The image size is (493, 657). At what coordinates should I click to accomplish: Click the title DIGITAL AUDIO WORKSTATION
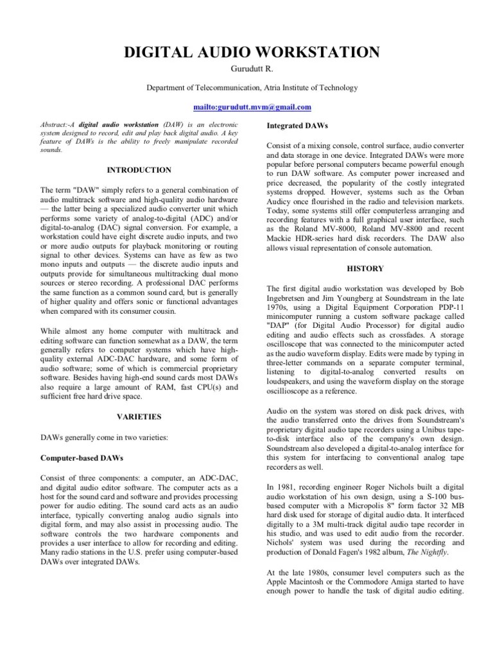pos(246,53)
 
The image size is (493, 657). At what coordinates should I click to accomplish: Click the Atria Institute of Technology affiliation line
pos(246,88)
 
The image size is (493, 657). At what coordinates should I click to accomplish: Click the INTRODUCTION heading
pos(139,170)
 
